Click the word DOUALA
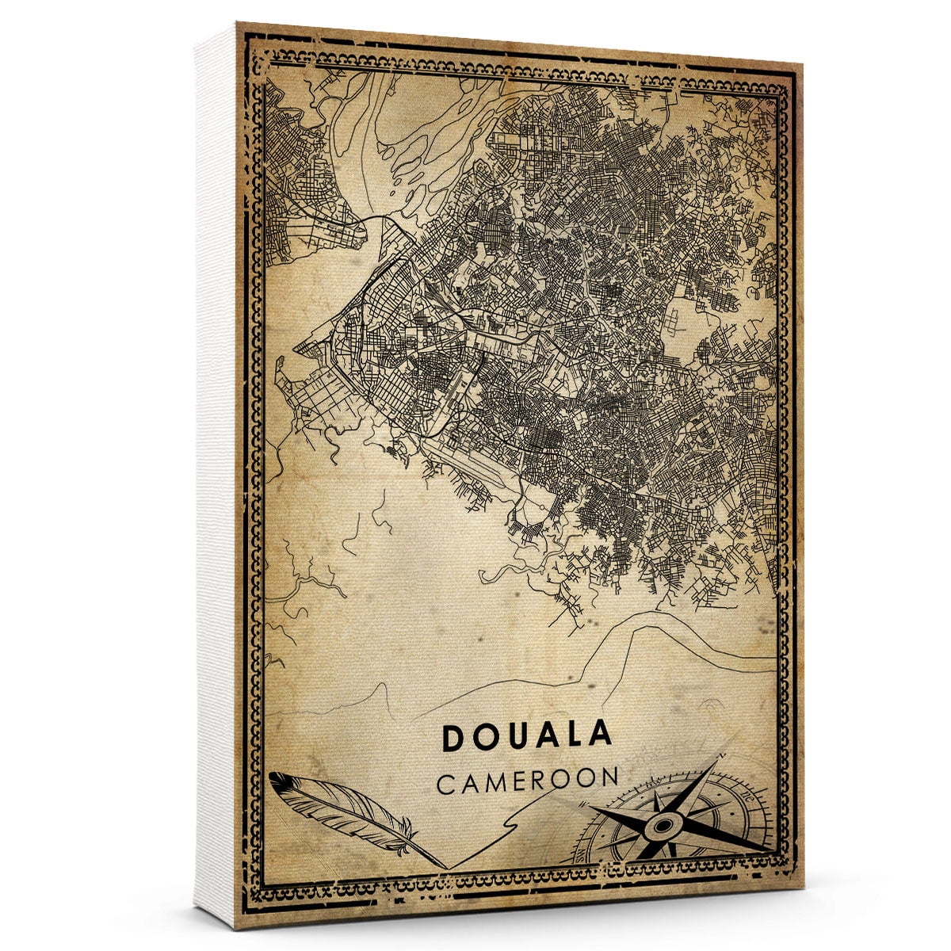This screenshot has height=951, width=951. coord(527,736)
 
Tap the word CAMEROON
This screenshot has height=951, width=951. coord(527,779)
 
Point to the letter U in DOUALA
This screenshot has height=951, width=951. coord(514,737)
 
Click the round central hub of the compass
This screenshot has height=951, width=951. coord(660,827)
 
